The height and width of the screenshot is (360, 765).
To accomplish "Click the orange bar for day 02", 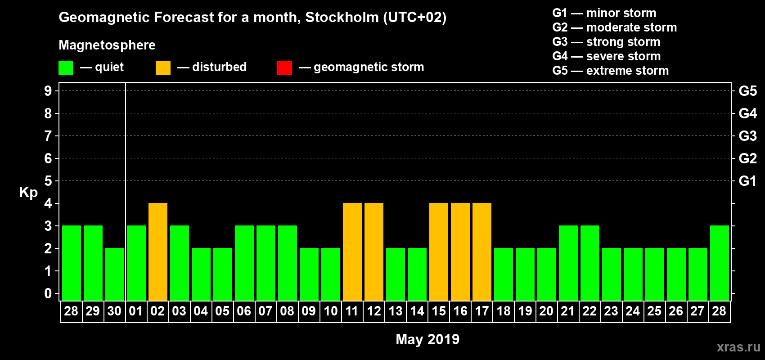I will (x=158, y=252).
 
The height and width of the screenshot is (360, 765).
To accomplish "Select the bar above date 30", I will (x=115, y=274).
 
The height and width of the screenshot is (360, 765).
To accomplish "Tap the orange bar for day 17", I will (x=482, y=252).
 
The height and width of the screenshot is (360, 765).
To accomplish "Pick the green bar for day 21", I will (x=568, y=263).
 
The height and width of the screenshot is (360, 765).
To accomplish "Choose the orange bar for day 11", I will (x=352, y=252).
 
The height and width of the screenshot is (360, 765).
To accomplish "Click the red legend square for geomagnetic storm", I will (x=284, y=68).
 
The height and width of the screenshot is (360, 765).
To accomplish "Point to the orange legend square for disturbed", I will (x=163, y=68).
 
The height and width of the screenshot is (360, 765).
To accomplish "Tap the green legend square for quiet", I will (x=66, y=68).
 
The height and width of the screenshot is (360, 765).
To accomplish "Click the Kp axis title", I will (x=28, y=192).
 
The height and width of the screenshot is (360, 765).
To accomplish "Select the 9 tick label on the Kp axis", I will (x=48, y=91).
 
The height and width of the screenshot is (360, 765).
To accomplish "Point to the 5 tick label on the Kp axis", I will (x=48, y=181).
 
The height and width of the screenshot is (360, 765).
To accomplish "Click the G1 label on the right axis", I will (x=747, y=181).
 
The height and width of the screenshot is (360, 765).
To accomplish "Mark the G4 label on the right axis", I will (x=747, y=113).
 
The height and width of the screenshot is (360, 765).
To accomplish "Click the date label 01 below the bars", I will (x=136, y=311).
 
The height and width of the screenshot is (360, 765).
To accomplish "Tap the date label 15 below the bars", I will (x=439, y=311).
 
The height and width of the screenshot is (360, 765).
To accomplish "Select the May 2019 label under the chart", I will (x=427, y=339).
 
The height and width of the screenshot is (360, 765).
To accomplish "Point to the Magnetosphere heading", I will (x=107, y=45).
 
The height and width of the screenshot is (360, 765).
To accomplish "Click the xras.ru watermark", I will (x=738, y=347).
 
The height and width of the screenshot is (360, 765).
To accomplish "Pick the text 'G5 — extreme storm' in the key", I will (x=610, y=71).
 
